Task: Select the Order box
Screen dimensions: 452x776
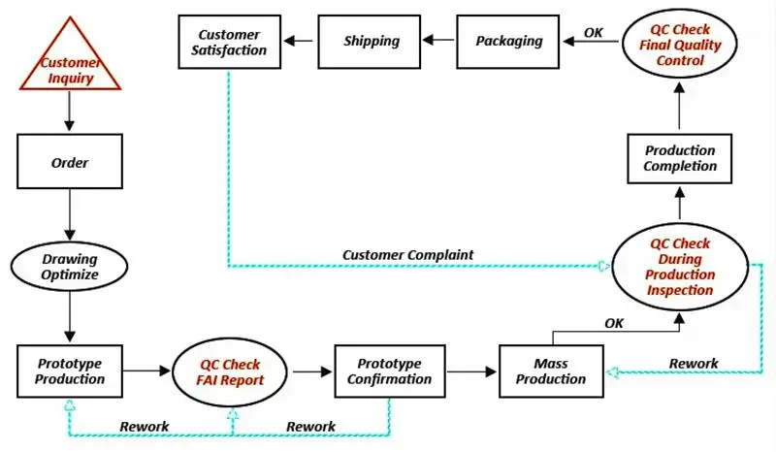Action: tap(70, 162)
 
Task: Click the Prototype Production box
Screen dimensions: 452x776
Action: tap(70, 371)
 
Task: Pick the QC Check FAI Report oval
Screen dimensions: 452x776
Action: tap(231, 371)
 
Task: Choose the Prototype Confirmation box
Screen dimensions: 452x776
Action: tap(388, 371)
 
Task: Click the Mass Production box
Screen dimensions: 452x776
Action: tap(551, 371)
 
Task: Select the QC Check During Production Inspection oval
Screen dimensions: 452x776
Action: tap(680, 267)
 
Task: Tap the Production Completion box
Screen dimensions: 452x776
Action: tap(680, 158)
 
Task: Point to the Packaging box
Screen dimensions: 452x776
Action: tap(509, 41)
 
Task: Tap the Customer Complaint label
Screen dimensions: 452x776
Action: tap(407, 254)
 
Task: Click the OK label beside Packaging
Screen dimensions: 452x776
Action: tap(594, 32)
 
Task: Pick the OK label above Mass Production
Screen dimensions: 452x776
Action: tap(614, 323)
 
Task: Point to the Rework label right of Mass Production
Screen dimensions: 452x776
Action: tap(694, 364)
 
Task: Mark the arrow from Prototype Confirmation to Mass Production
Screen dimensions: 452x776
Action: tap(469, 371)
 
